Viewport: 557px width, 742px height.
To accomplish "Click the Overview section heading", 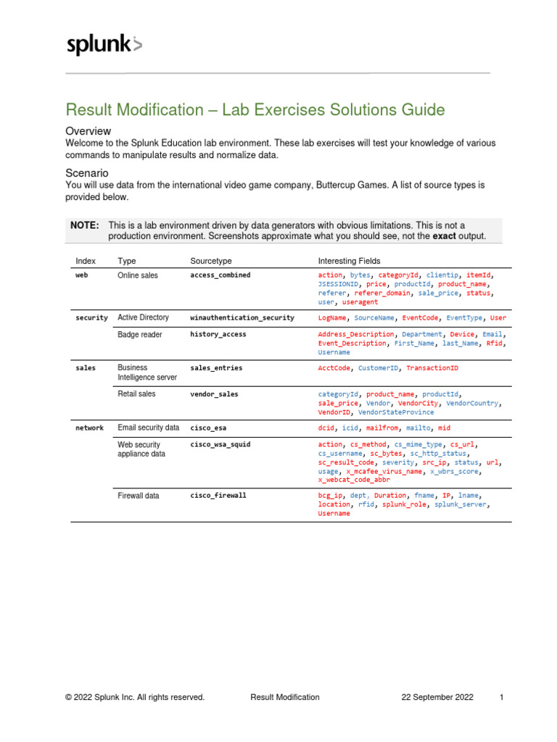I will pos(88,131).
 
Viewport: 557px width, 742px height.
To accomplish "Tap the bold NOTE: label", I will pos(85,225).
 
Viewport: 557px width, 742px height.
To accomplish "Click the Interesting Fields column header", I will pos(349,260).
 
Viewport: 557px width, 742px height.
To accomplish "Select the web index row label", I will pos(82,276).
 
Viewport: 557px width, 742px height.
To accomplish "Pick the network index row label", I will pos(90,428).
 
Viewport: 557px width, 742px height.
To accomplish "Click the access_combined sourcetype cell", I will pos(220,276).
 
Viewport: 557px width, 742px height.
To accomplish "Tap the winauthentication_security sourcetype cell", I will pos(242,318).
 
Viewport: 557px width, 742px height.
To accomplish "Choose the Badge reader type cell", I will pos(140,335).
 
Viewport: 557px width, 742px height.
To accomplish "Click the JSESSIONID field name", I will pos(340,285).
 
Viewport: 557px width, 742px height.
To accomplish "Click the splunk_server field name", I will pos(461,504).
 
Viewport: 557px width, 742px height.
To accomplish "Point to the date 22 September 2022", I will pos(437,697).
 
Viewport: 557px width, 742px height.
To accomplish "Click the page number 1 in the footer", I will pos(501,697).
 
